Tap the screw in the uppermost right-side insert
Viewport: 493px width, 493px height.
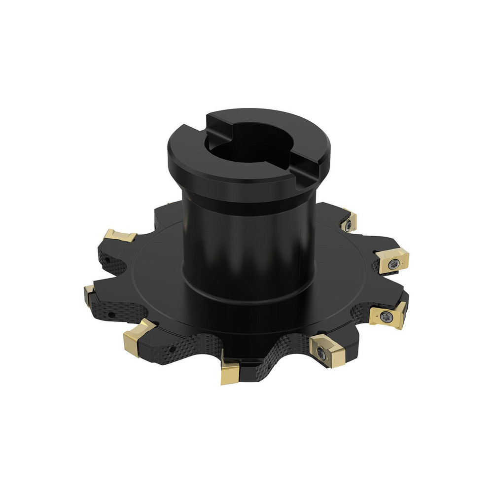pyautogui.click(x=349, y=225)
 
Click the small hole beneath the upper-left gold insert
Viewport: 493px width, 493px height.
pyautogui.click(x=105, y=258)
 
